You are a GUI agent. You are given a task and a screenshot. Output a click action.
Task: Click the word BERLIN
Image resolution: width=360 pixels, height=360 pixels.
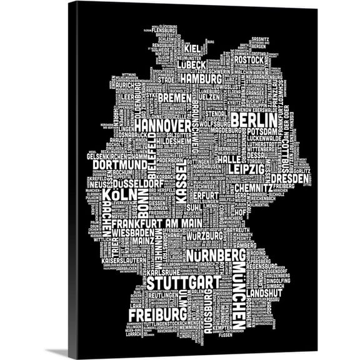pyautogui.click(x=253, y=119)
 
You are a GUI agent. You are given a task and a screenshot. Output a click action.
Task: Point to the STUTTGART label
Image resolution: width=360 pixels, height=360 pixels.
pyautogui.click(x=184, y=282)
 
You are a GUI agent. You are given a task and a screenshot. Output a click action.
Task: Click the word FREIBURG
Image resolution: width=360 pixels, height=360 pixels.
pyautogui.click(x=157, y=312)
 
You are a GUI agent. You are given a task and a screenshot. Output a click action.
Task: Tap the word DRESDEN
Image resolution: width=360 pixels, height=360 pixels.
pyautogui.click(x=291, y=179)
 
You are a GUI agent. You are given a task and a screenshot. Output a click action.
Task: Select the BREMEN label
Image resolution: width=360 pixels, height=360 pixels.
pyautogui.click(x=175, y=98)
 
